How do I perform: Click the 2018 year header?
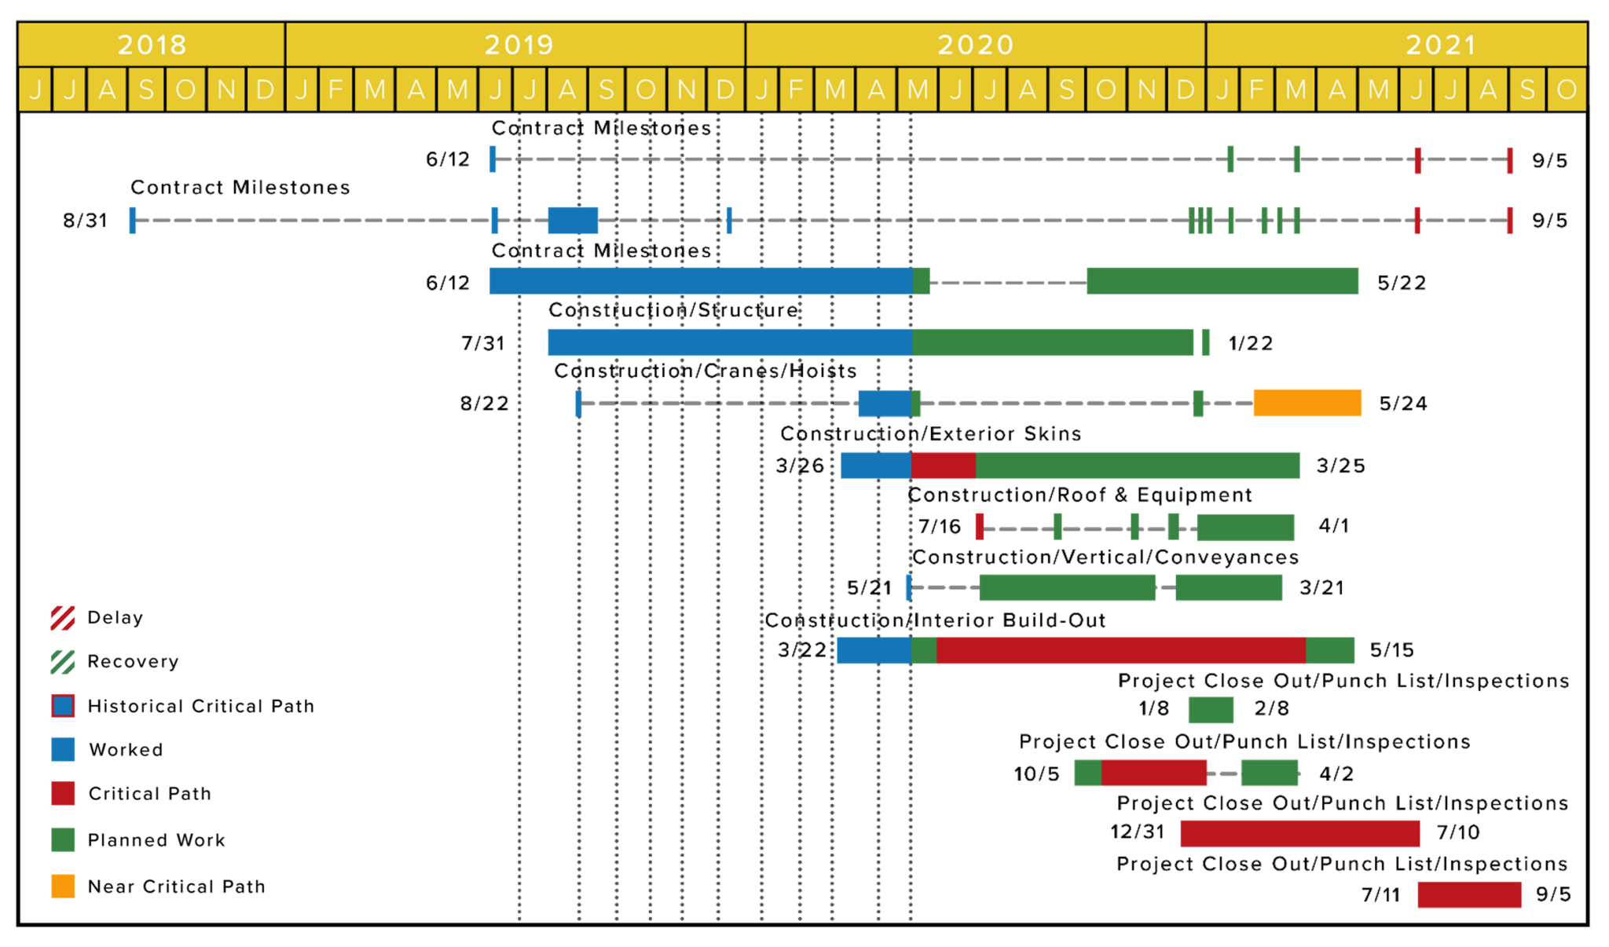pyautogui.click(x=152, y=44)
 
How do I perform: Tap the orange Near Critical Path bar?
pyautogui.click(x=1307, y=403)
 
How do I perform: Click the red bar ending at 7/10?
pyautogui.click(x=1300, y=833)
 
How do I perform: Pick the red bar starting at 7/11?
pyautogui.click(x=1469, y=894)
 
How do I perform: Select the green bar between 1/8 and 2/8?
pyautogui.click(x=1211, y=710)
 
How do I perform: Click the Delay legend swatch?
pyautogui.click(x=63, y=618)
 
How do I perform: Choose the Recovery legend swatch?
pyautogui.click(x=63, y=662)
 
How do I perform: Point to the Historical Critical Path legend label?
pyautogui.click(x=201, y=706)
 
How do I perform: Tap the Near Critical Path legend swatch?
pyautogui.click(x=63, y=886)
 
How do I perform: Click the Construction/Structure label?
pyautogui.click(x=673, y=310)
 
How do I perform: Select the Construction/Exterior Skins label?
pyautogui.click(x=931, y=433)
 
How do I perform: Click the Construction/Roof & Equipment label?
pyautogui.click(x=1080, y=495)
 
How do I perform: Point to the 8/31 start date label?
pyautogui.click(x=86, y=220)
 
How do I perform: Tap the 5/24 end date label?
pyautogui.click(x=1403, y=404)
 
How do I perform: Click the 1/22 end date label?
pyautogui.click(x=1251, y=343)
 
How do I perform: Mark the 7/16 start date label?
pyautogui.click(x=940, y=526)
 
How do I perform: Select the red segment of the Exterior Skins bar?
pyautogui.click(x=944, y=466)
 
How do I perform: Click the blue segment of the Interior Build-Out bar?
pyautogui.click(x=874, y=650)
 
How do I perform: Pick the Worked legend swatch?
pyautogui.click(x=63, y=749)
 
